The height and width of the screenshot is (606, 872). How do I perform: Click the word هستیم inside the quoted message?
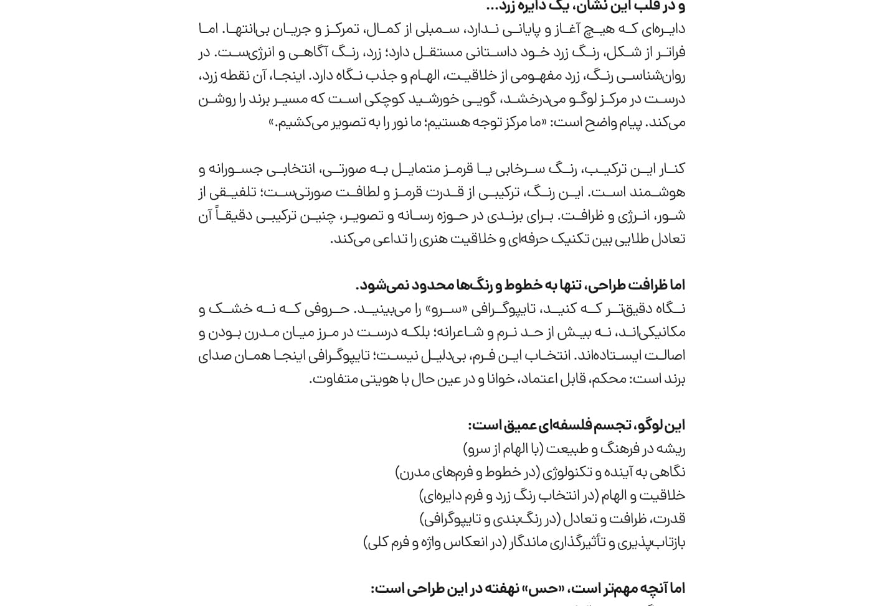pyautogui.click(x=448, y=123)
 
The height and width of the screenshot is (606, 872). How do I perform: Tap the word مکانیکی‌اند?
pyautogui.click(x=658, y=332)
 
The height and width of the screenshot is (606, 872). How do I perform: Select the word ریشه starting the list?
pyautogui.click(x=671, y=449)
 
